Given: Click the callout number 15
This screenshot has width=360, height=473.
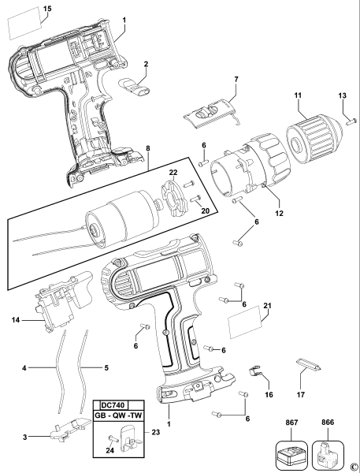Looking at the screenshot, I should pyautogui.click(x=24, y=8).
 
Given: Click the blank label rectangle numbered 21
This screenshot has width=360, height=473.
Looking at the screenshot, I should pyautogui.click(x=245, y=324).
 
